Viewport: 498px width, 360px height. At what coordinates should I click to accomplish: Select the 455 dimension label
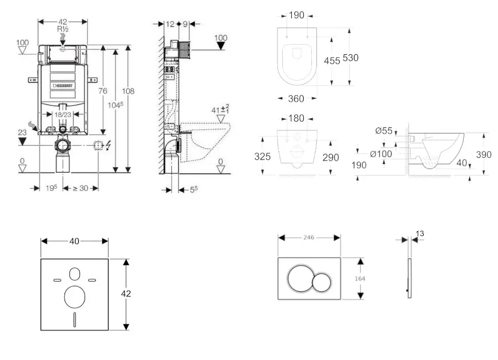[332, 60]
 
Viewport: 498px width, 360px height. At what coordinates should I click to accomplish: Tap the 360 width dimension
[295, 99]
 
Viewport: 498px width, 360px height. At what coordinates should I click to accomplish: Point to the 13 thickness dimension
[420, 233]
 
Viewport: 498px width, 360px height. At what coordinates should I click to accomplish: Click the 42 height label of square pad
[126, 293]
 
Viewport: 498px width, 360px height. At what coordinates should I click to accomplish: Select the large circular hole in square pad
[75, 297]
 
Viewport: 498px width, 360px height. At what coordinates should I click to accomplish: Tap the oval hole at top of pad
[75, 274]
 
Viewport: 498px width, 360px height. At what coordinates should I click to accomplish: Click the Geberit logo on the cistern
[63, 86]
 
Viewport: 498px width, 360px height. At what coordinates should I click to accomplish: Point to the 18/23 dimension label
[62, 114]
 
